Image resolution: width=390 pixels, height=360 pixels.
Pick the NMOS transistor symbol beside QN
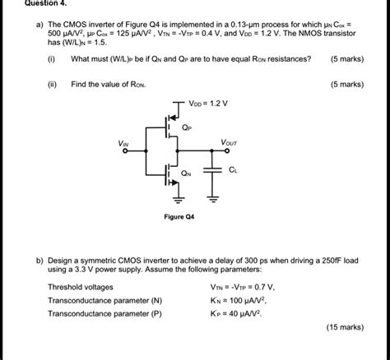pos(171,173)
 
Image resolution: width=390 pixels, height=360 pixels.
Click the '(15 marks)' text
pos(343,326)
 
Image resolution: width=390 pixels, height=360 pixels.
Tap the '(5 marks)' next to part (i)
pos(346,59)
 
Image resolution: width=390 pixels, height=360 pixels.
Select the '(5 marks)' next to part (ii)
pos(346,84)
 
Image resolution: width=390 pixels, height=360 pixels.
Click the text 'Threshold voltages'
pos(83,287)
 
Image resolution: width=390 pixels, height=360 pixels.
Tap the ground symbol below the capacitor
pos(214,197)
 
